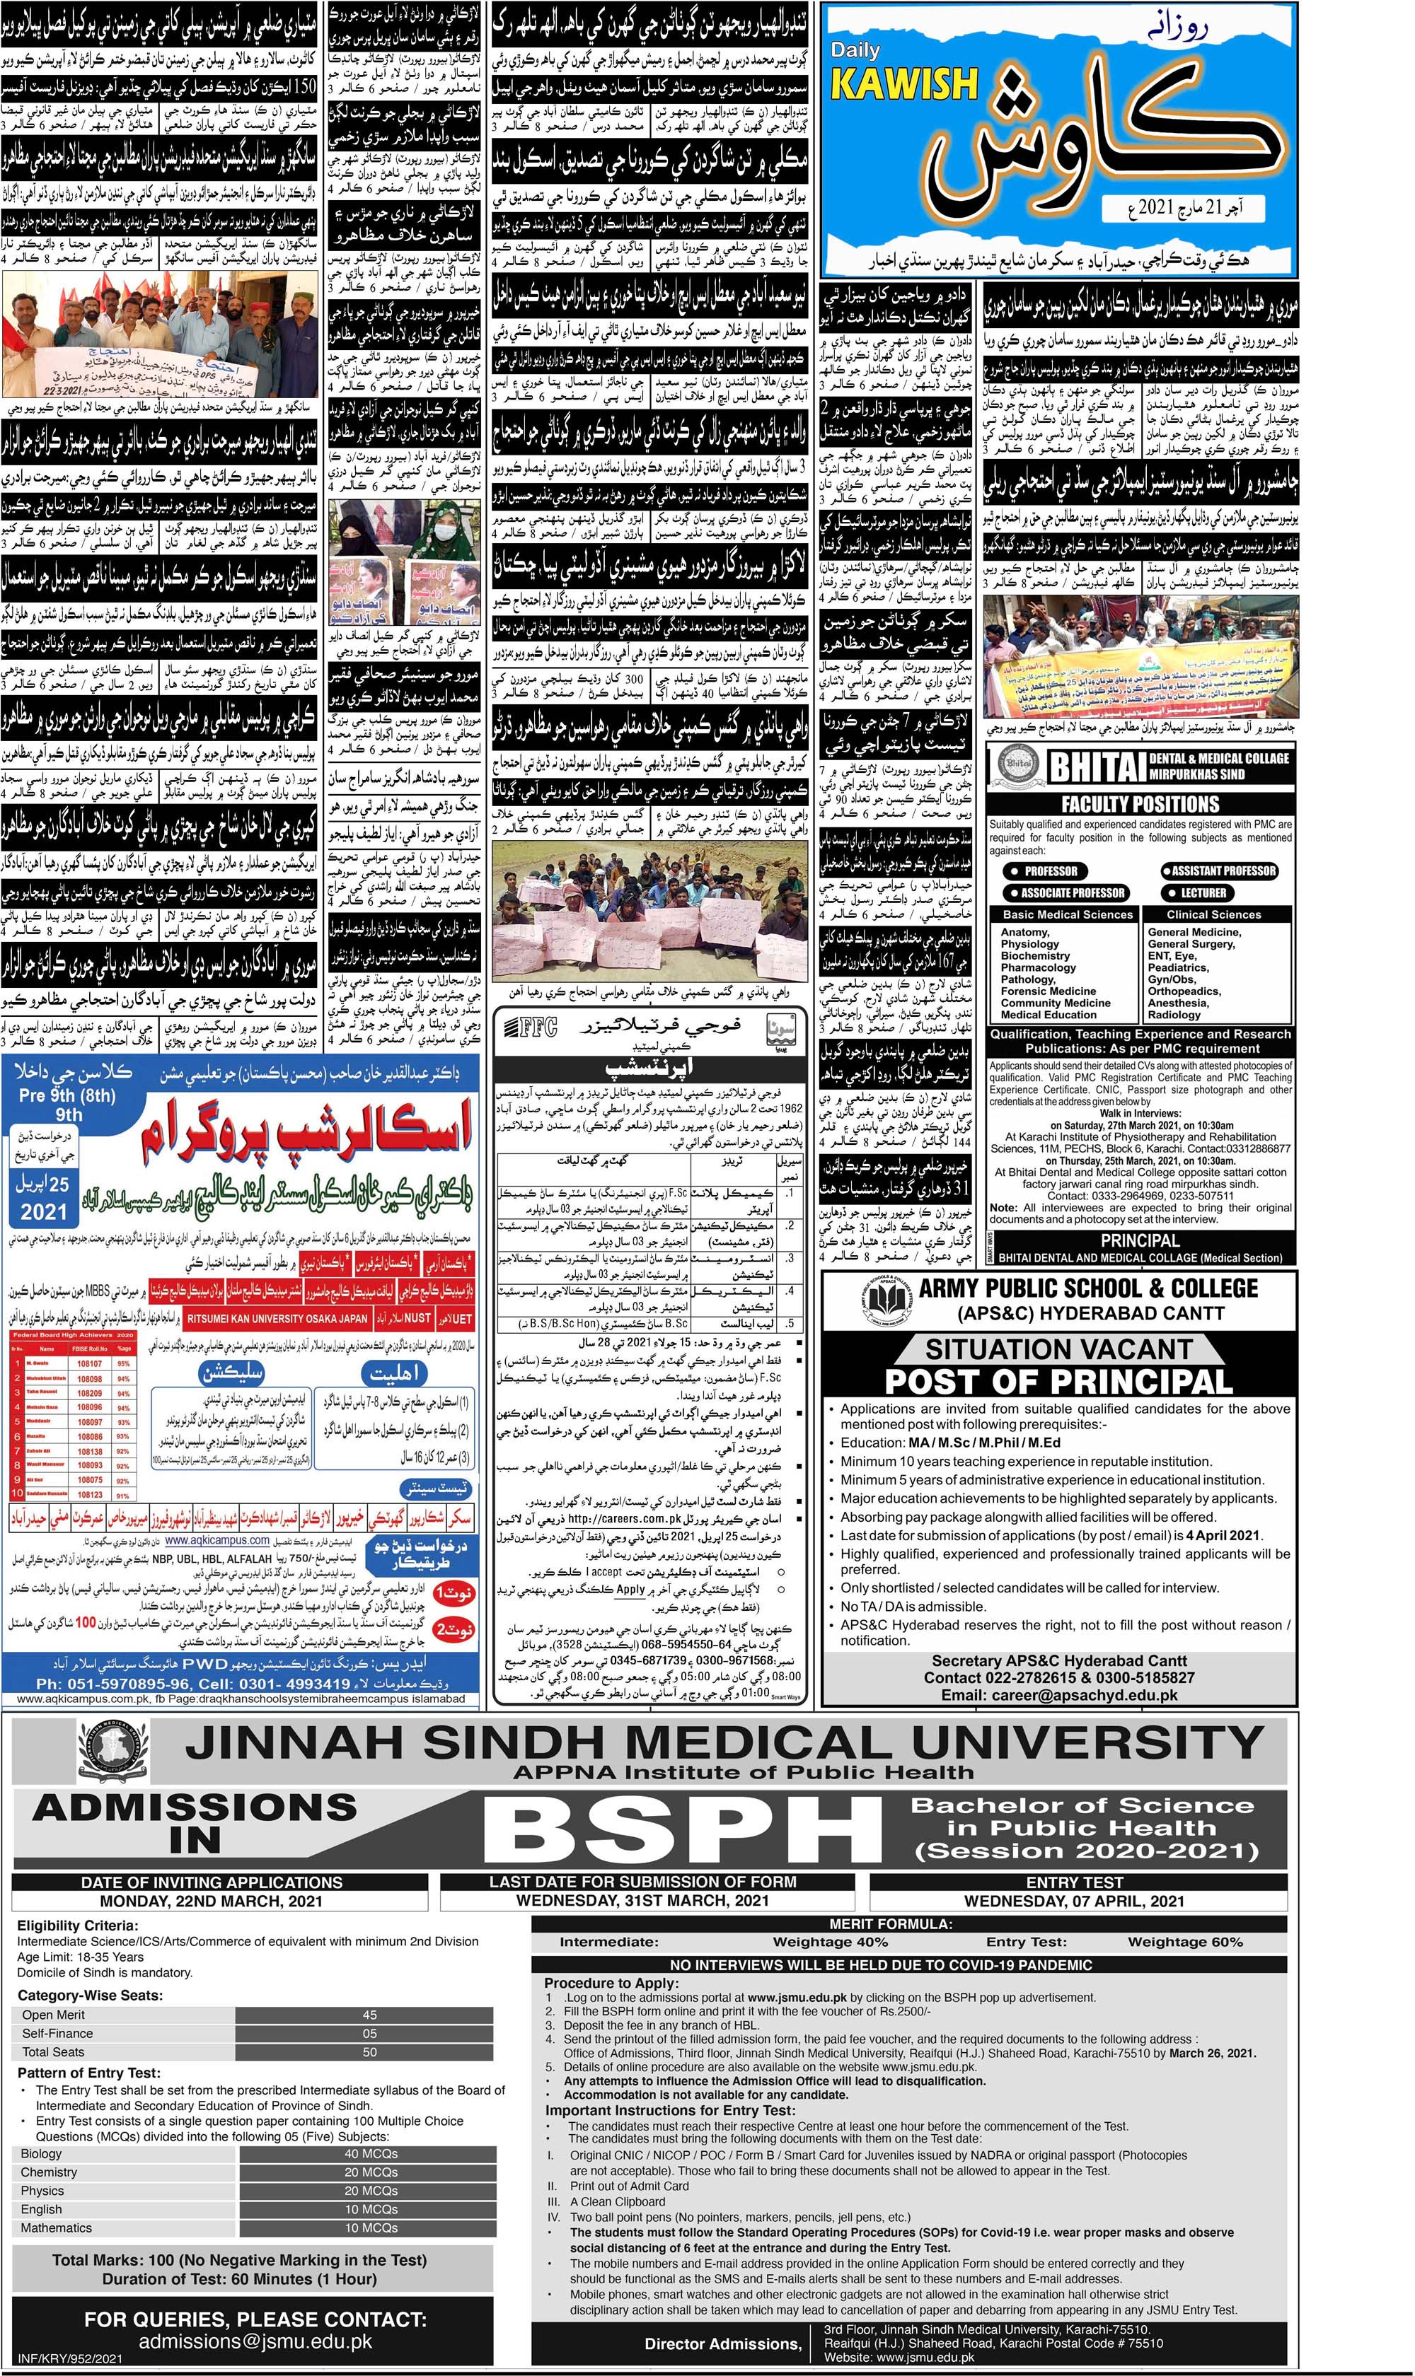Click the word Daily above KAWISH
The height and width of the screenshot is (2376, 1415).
pos(855,49)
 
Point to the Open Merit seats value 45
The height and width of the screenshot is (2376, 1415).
pos(369,2014)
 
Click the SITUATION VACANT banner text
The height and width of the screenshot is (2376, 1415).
pos(1058,1349)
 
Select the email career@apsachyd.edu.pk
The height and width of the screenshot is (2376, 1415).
pos(1058,1694)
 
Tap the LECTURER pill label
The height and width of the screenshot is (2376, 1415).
pos(1203,893)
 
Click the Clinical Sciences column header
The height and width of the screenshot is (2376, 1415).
pos(1214,914)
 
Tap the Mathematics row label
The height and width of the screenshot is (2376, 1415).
pos(57,2227)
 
